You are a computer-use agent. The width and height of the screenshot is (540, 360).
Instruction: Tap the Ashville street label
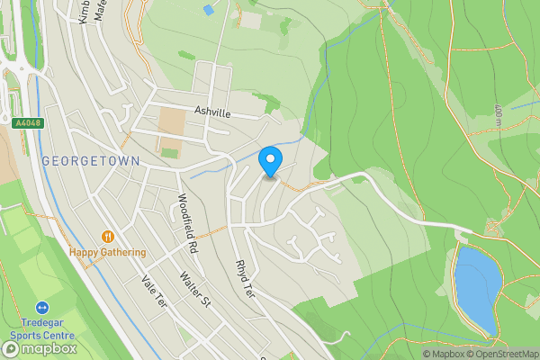212,112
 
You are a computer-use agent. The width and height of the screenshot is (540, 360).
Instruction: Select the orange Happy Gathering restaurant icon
107,236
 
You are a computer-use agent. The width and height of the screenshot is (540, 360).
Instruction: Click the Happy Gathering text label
107,252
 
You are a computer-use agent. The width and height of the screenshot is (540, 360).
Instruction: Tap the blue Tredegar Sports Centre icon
42,308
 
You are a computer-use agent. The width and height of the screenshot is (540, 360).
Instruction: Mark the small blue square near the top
209,10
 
